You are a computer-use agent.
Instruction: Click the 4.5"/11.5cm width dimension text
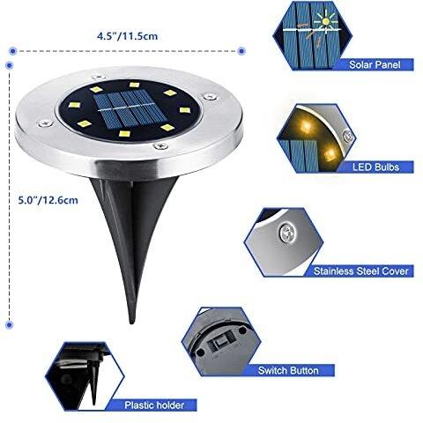[127, 36]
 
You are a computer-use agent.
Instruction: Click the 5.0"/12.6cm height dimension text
[48, 200]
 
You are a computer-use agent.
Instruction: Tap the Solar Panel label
[375, 64]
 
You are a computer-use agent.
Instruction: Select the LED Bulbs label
[375, 167]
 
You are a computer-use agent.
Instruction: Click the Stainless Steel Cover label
[361, 271]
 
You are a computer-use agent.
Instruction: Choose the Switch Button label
[288, 370]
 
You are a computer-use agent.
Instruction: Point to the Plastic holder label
[154, 405]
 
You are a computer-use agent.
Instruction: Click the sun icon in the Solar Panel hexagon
[325, 21]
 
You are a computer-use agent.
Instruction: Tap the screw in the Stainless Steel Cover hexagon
[288, 232]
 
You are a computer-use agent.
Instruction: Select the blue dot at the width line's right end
[241, 51]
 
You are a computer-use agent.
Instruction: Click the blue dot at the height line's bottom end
[10, 324]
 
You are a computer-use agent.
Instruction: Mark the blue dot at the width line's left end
[12, 51]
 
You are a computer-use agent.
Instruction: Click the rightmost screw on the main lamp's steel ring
[210, 96]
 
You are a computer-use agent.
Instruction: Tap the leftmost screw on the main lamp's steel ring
[46, 123]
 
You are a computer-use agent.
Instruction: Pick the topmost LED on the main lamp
[134, 85]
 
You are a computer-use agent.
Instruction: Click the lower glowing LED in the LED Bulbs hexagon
[330, 153]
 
